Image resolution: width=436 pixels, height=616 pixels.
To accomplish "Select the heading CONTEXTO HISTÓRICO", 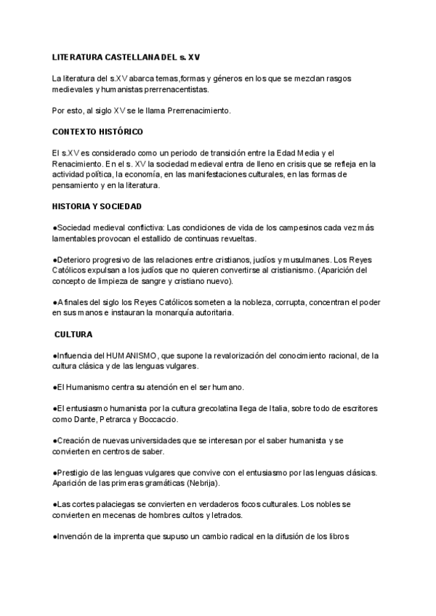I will (97, 131).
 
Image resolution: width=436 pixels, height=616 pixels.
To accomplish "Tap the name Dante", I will (84, 419).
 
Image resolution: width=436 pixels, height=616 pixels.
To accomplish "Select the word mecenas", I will (108, 515).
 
